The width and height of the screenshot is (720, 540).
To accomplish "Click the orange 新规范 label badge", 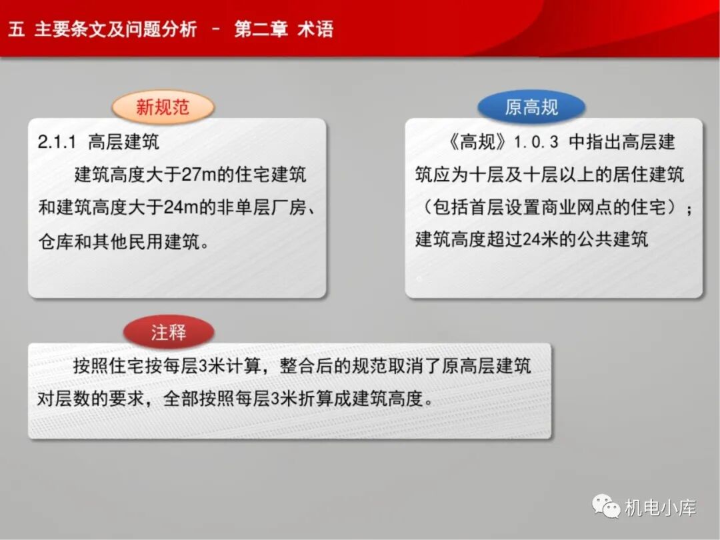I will [x=163, y=107].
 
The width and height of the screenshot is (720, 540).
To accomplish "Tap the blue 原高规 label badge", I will [x=531, y=107].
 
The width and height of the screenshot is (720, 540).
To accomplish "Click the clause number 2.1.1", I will [x=58, y=142].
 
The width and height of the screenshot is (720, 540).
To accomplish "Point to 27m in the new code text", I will [x=197, y=175].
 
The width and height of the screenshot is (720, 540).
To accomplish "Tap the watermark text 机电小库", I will [x=660, y=507].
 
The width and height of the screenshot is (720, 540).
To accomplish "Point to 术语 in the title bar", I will [x=315, y=30].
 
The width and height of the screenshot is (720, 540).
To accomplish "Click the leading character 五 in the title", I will [x=17, y=30].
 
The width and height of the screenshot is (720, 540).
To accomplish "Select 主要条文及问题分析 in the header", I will [x=116, y=30].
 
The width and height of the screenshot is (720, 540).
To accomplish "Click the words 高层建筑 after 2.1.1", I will [x=123, y=142].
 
